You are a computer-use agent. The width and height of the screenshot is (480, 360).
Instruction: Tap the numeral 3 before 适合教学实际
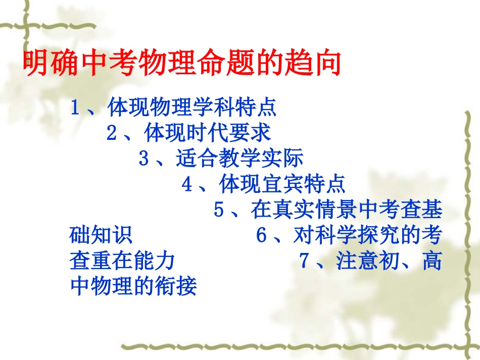(x=144, y=160)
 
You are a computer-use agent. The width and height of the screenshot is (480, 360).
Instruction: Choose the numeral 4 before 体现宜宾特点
(x=187, y=185)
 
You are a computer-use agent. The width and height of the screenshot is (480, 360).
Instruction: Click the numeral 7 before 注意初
(x=304, y=262)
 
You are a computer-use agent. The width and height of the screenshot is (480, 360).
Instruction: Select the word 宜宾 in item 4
(x=282, y=185)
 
